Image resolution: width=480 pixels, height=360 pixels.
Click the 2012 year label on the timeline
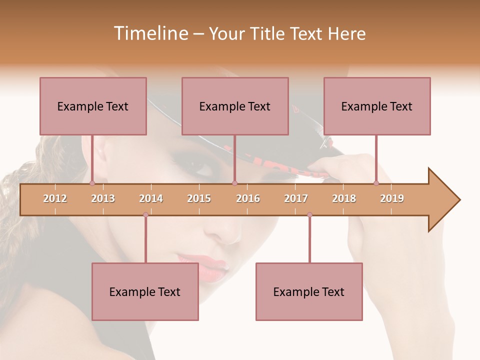pyautogui.click(x=55, y=198)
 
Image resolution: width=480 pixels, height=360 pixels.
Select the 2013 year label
pyautogui.click(x=103, y=198)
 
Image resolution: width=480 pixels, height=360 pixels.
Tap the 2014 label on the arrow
pyautogui.click(x=151, y=198)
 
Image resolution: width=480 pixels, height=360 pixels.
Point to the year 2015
pyautogui.click(x=199, y=198)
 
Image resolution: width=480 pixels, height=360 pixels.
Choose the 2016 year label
pyautogui.click(x=248, y=198)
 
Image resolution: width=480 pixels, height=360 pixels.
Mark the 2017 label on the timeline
pyautogui.click(x=296, y=198)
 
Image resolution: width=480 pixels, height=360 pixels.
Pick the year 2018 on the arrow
pyautogui.click(x=344, y=198)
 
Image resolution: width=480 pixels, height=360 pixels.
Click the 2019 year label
pyautogui.click(x=392, y=198)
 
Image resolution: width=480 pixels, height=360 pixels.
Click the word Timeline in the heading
pyautogui.click(x=149, y=33)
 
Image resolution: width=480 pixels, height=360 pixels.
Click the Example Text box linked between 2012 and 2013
pyautogui.click(x=93, y=106)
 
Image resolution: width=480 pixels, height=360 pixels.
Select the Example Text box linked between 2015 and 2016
pyautogui.click(x=235, y=106)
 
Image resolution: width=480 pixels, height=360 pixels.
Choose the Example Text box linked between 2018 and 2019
pyautogui.click(x=377, y=106)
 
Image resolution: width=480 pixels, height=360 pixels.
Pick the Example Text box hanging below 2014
pyautogui.click(x=145, y=291)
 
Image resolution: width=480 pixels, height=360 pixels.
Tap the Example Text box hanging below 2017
pyautogui.click(x=309, y=291)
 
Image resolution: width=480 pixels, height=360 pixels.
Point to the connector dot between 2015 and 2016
pyautogui.click(x=234, y=183)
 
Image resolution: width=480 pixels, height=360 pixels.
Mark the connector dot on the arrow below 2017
pyautogui.click(x=309, y=215)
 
